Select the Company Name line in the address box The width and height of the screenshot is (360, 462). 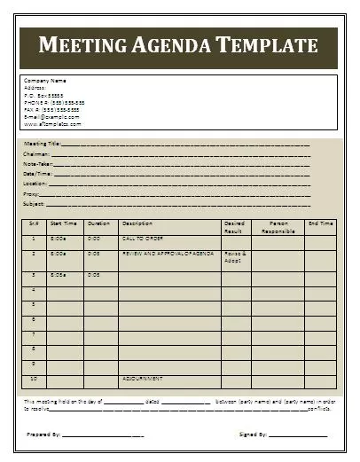[x=45, y=81]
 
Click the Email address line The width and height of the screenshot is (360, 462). [x=51, y=116]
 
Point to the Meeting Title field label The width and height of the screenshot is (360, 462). [x=42, y=143]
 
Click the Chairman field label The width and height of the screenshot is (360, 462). [x=37, y=153]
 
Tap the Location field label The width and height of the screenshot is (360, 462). [x=36, y=184]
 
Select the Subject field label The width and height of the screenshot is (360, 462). [x=35, y=204]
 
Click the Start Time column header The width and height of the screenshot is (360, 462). [x=64, y=223]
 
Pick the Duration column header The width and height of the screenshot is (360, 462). [x=99, y=223]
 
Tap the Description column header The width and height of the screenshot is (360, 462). [x=137, y=223]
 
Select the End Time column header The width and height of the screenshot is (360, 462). [x=320, y=223]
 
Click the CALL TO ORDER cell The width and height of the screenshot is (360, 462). [x=142, y=239]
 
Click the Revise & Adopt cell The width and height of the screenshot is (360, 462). [x=235, y=257]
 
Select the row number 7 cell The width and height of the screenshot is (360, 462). [x=34, y=334]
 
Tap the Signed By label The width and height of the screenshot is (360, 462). [x=254, y=435]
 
